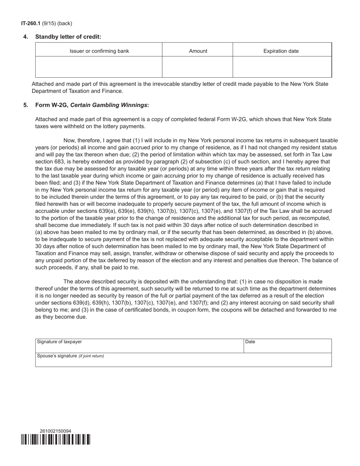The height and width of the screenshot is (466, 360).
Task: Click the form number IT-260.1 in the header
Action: coord(31,23)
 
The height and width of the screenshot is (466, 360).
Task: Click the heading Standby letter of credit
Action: coord(68,37)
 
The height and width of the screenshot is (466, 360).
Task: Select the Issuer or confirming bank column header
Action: coord(99,51)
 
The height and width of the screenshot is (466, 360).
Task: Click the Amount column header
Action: coord(198,51)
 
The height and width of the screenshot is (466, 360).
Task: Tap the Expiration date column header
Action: coord(281,51)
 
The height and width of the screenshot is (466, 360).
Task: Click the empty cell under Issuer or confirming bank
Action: coord(99,67)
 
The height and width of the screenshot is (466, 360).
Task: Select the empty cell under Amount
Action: coord(198,67)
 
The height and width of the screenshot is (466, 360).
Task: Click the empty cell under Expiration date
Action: coord(282,67)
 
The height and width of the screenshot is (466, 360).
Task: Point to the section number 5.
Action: coord(26,105)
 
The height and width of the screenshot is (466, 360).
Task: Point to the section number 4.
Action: coord(26,37)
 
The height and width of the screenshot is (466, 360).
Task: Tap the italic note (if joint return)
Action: coord(91,356)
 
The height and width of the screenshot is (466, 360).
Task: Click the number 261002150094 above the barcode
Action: coord(55,431)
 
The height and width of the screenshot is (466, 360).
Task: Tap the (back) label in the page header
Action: coord(64,23)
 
